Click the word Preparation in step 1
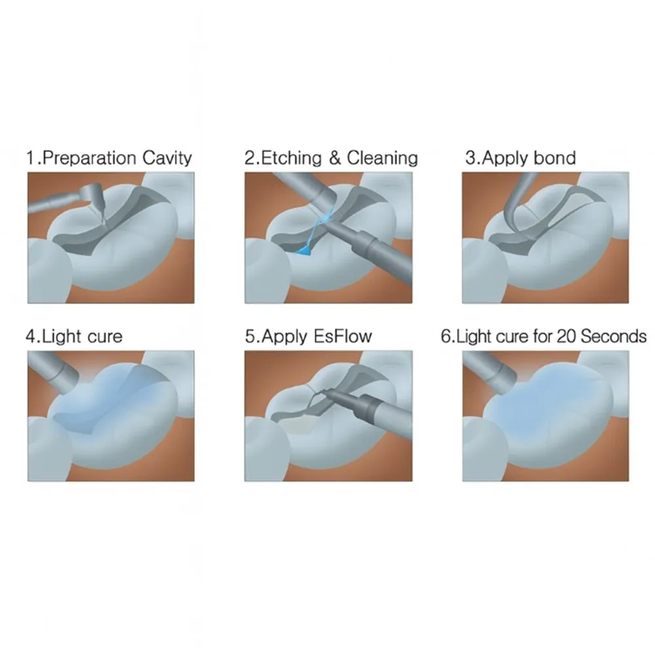pyautogui.click(x=89, y=159)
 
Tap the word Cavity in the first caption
pyautogui.click(x=166, y=159)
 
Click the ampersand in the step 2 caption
pyautogui.click(x=335, y=159)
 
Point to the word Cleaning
pyautogui.click(x=383, y=159)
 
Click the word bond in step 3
pyautogui.click(x=555, y=158)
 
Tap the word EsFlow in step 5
pyautogui.click(x=343, y=336)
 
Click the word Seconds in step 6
pyautogui.click(x=614, y=336)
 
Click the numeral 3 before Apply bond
pyautogui.click(x=471, y=158)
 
